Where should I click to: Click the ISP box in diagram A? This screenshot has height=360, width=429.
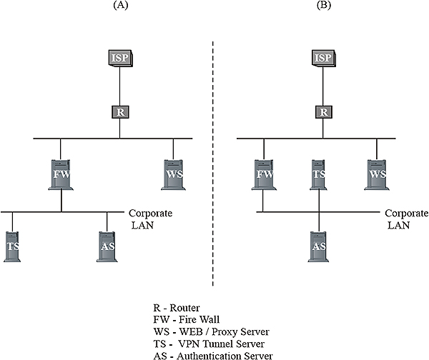coord(120,59)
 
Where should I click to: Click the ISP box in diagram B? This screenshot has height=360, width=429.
coord(324,59)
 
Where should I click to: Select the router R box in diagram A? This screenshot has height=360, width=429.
coord(120,112)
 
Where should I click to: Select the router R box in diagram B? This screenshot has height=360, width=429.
coord(324,112)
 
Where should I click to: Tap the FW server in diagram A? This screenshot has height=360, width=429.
coord(61,175)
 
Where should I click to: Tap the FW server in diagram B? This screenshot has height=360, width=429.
coord(264,175)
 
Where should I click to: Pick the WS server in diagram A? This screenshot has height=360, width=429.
coord(174,175)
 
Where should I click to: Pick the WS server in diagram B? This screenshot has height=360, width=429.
coord(377,175)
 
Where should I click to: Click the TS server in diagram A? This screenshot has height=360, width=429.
coord(12,247)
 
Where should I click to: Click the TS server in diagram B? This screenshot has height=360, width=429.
coord(318,175)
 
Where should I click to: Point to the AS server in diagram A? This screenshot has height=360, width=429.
coord(107,247)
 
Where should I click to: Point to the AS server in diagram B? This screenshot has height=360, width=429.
coord(318,247)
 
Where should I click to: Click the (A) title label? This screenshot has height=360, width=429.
coord(121,5)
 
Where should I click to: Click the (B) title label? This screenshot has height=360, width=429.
coord(324,5)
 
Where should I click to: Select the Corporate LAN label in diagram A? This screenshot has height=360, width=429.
coord(150,219)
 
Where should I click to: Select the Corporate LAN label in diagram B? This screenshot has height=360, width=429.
coord(407,219)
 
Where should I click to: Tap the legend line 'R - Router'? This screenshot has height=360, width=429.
coord(177,308)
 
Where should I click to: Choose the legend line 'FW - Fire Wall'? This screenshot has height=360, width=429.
coord(187,319)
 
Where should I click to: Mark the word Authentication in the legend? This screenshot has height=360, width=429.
coord(209,356)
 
